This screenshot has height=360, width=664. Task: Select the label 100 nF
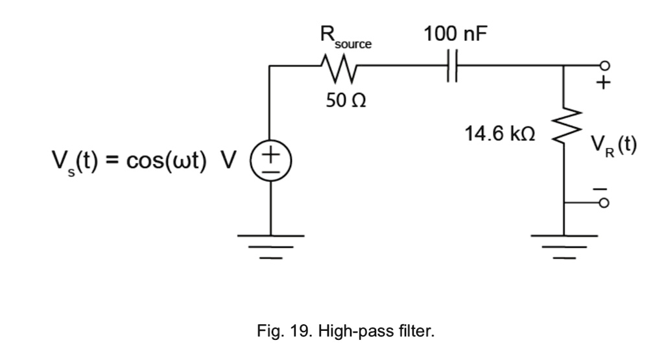pyautogui.click(x=453, y=34)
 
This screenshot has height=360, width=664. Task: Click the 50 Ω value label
pyautogui.click(x=339, y=102)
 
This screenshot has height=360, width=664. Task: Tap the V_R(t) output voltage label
pyautogui.click(x=616, y=144)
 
